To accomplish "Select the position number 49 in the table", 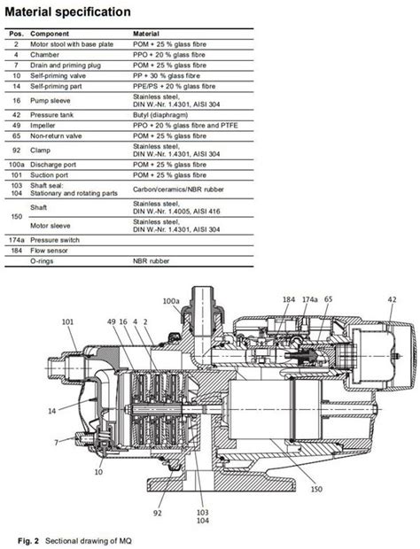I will (x=16, y=125).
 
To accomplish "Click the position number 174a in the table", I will (x=16, y=240).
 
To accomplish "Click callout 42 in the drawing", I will (x=392, y=300).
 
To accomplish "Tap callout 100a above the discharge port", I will (x=171, y=301).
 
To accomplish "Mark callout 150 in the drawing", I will (x=317, y=486).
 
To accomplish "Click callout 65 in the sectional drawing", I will (x=328, y=300).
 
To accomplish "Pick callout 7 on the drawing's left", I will (x=55, y=440).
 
